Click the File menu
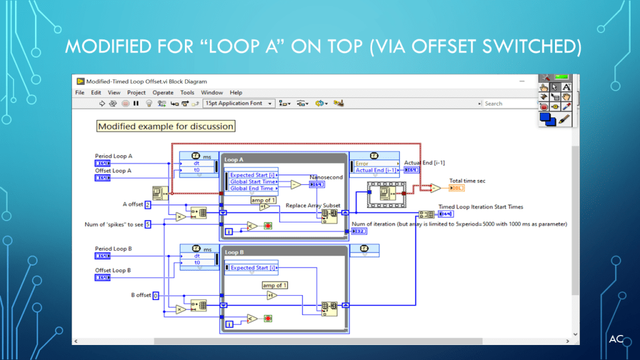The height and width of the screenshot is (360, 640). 79,92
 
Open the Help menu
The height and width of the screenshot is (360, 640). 236,92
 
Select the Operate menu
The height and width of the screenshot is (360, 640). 163,92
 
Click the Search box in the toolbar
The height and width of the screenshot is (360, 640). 506,104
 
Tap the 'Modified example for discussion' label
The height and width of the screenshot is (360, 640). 166,126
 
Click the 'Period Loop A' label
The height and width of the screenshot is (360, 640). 113,156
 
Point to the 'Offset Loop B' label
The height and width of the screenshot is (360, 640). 113,271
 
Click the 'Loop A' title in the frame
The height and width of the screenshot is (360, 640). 235,160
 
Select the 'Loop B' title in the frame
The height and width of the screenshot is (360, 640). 234,252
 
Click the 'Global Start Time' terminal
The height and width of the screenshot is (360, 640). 252,182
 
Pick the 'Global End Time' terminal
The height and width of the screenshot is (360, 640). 252,188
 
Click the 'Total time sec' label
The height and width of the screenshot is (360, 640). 467,181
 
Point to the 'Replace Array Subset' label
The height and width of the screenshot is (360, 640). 313,206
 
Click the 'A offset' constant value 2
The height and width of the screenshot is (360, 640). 148,204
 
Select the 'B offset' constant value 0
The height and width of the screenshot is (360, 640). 156,296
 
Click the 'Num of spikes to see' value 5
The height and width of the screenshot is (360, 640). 148,224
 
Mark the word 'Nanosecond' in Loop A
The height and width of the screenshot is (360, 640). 326,177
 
